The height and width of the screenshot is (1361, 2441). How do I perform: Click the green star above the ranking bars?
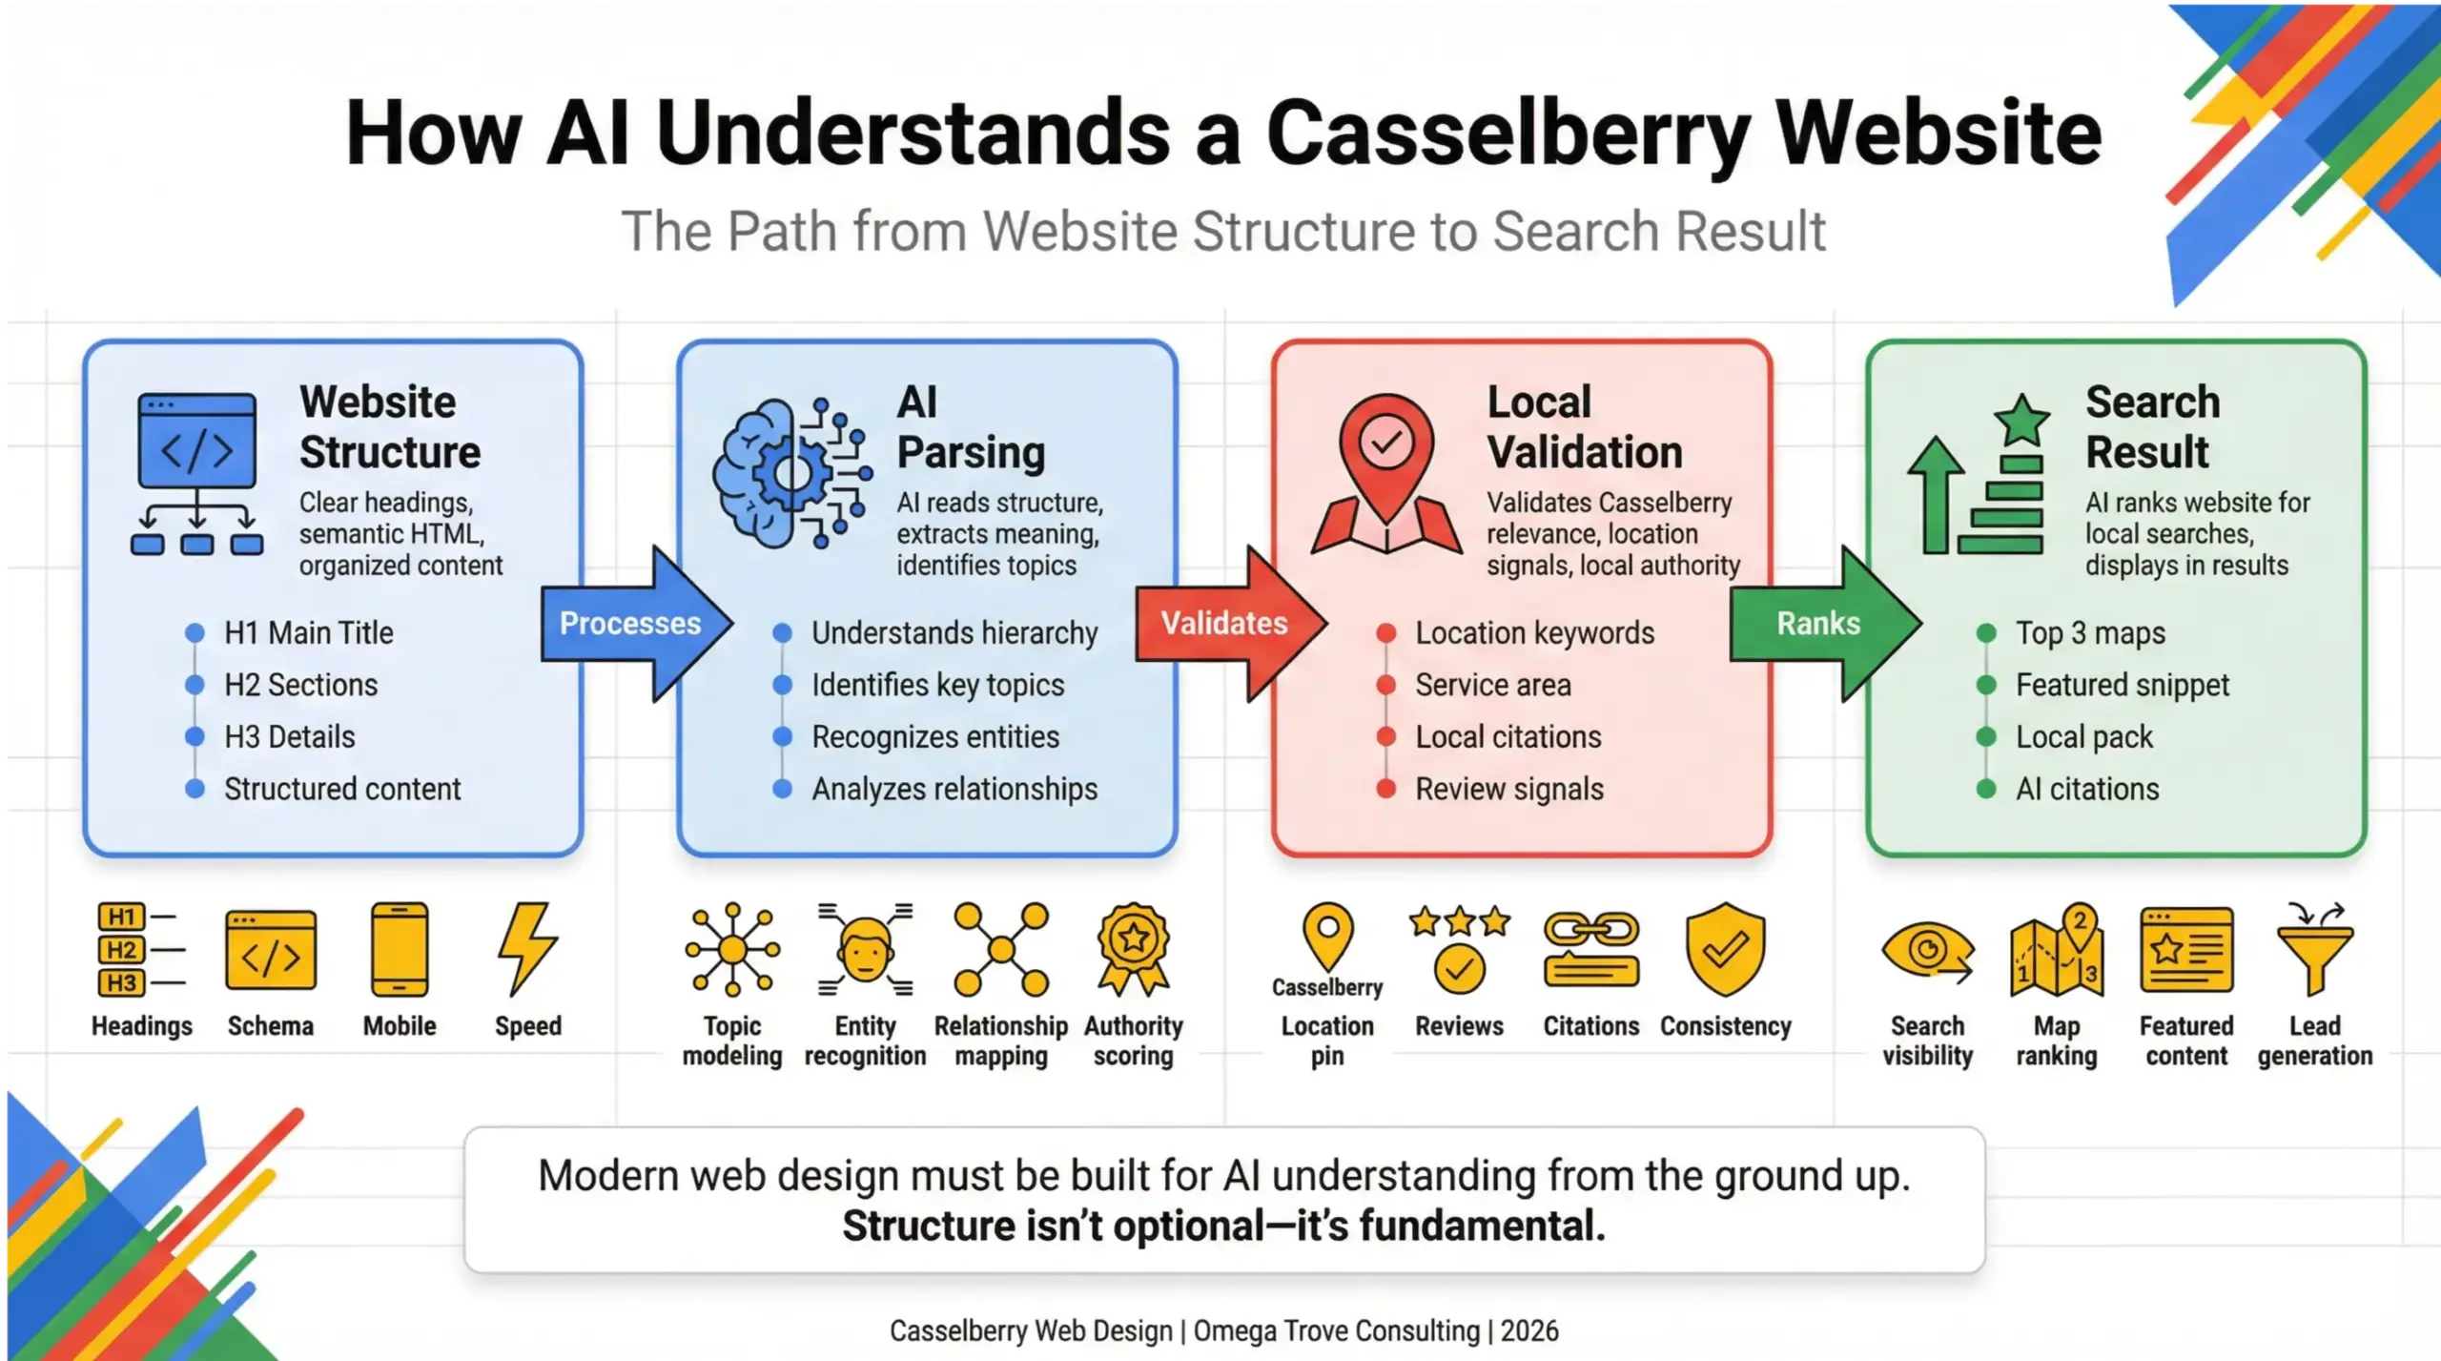(2020, 421)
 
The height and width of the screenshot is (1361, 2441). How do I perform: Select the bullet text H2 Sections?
(300, 685)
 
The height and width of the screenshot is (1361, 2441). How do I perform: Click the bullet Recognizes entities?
(934, 737)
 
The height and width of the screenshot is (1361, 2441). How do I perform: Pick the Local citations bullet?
(1508, 737)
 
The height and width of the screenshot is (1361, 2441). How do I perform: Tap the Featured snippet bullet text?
(2122, 685)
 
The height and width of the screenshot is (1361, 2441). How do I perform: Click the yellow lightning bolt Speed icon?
(527, 949)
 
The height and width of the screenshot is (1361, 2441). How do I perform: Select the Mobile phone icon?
(400, 950)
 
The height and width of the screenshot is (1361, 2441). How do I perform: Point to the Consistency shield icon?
(1725, 949)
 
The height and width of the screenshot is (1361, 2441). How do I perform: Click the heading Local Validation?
(1584, 427)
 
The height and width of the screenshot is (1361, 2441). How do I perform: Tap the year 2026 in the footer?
(1529, 1330)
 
